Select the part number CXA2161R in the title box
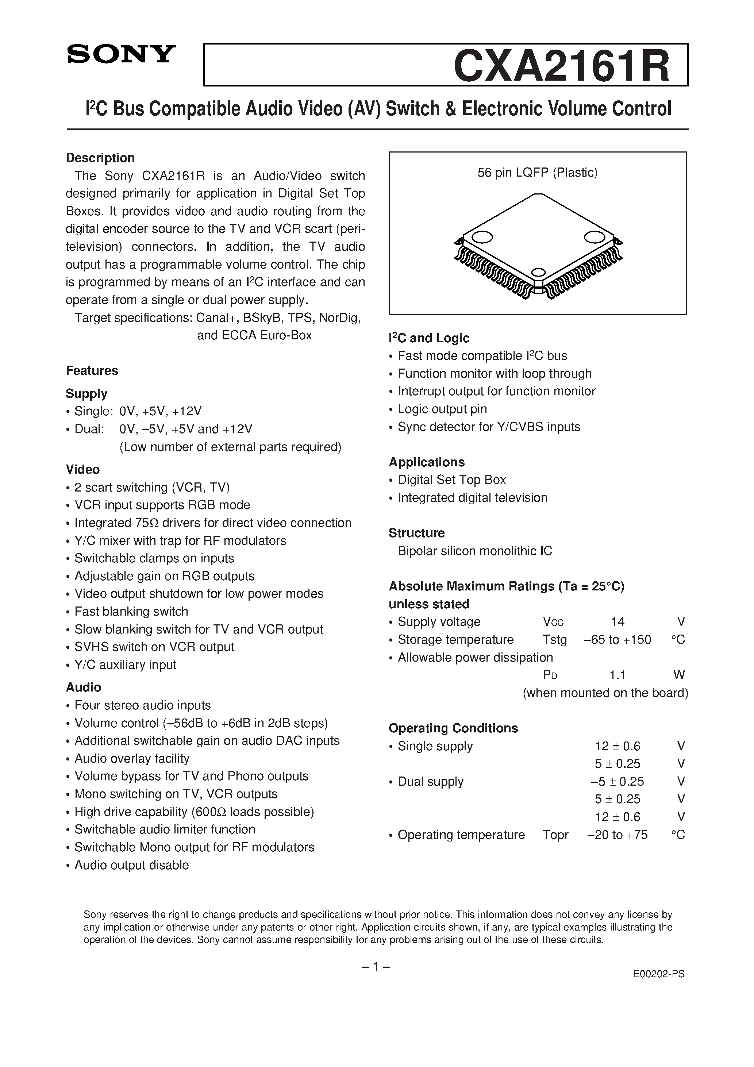[x=562, y=66]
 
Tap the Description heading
[x=100, y=158]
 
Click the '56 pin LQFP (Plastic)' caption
[x=537, y=173]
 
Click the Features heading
[x=92, y=370]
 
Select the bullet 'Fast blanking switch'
[x=131, y=612]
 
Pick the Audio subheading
[x=83, y=687]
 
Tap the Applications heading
[x=426, y=462]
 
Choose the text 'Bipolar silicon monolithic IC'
[x=474, y=551]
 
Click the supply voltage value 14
[x=618, y=622]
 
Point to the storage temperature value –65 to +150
[x=618, y=640]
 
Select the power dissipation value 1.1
[x=618, y=675]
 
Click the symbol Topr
[x=555, y=835]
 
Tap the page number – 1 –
[x=376, y=966]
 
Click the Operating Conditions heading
[x=453, y=728]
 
